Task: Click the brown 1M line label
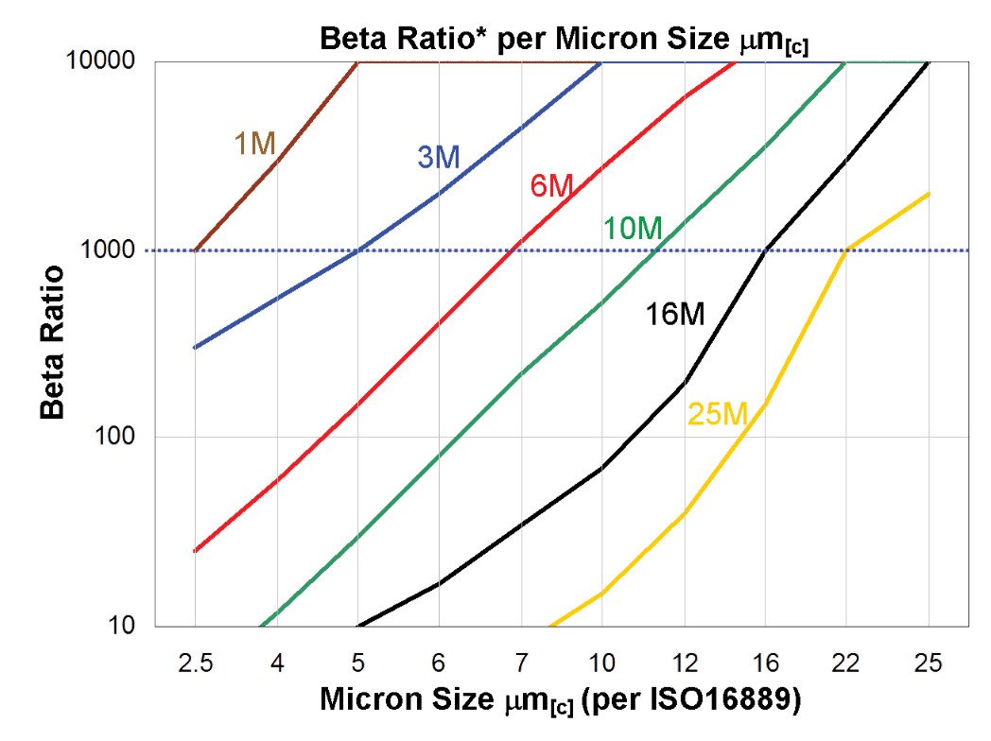254,145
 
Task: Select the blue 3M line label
438,158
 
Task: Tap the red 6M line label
550,186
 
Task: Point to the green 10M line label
633,228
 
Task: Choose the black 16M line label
675,315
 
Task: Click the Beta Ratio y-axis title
53,342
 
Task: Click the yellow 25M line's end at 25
929,194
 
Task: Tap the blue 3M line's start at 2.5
194,348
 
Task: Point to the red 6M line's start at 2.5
194,551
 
